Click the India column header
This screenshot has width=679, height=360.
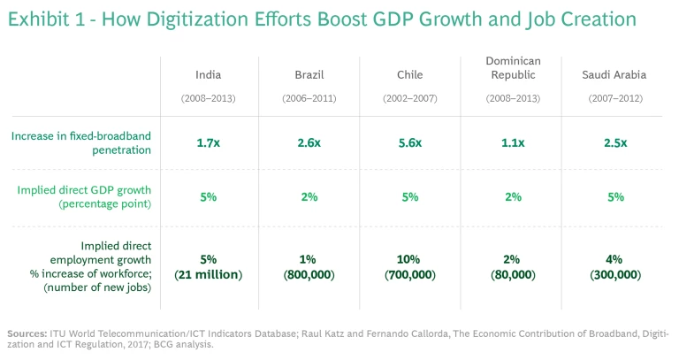pos(209,75)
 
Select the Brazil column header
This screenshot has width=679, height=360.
pos(309,75)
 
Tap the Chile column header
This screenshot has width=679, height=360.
pos(410,75)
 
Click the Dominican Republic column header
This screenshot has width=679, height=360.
pos(513,67)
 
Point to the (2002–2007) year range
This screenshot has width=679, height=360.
pos(410,98)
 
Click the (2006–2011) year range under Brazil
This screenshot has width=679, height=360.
pos(309,98)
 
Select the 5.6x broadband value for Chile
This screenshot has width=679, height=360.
pos(410,142)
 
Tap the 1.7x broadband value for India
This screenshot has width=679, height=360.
pos(209,142)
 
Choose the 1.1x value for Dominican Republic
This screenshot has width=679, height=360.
pos(513,142)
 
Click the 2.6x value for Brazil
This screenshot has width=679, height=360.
pos(309,142)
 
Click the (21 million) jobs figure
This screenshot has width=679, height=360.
pos(209,275)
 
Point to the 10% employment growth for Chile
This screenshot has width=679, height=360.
pos(410,260)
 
